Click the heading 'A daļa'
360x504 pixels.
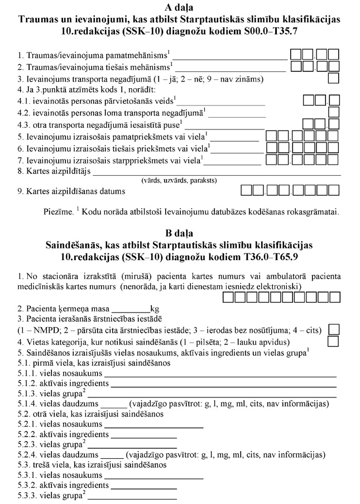tap(180, 7)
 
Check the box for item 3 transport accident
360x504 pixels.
tap(334, 78)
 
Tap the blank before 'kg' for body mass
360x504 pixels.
tap(131, 309)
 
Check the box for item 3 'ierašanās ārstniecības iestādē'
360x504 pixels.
tap(334, 329)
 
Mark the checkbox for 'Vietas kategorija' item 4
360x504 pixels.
tap(334, 341)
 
